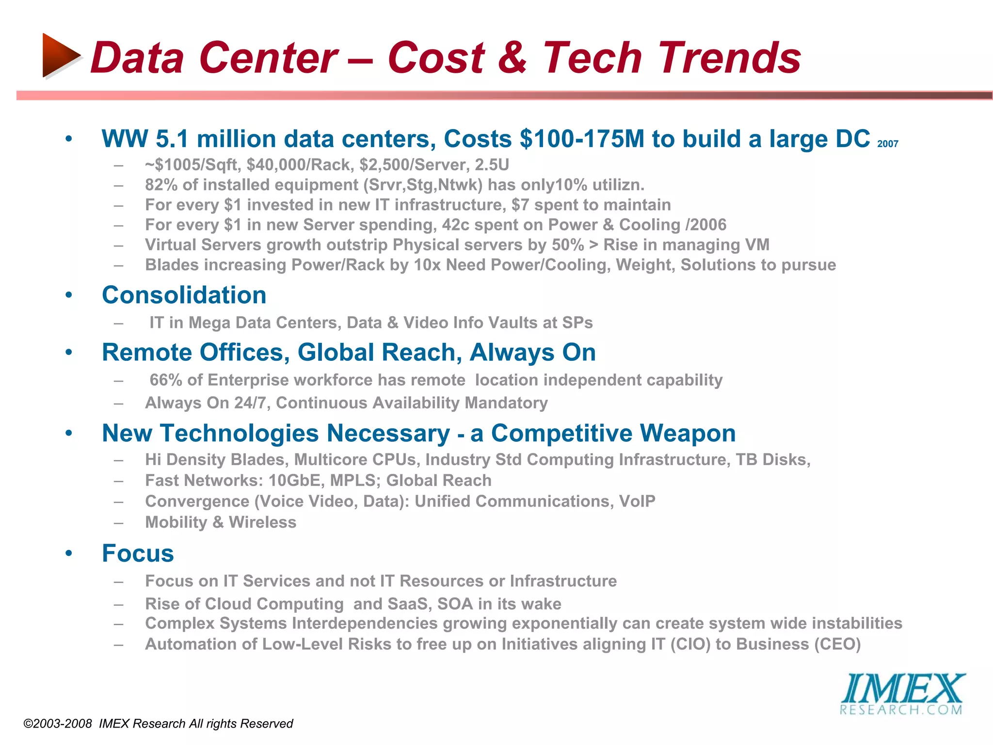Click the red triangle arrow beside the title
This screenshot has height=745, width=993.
(x=60, y=55)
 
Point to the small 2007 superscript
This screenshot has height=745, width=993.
(x=888, y=144)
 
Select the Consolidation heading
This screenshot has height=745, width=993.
(x=184, y=295)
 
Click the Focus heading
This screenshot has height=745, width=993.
(x=138, y=553)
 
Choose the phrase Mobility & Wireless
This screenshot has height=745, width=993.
(x=221, y=522)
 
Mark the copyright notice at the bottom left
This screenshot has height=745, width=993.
(x=158, y=724)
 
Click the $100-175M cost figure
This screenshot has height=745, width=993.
(x=582, y=139)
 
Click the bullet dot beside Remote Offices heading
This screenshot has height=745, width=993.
(x=69, y=353)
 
